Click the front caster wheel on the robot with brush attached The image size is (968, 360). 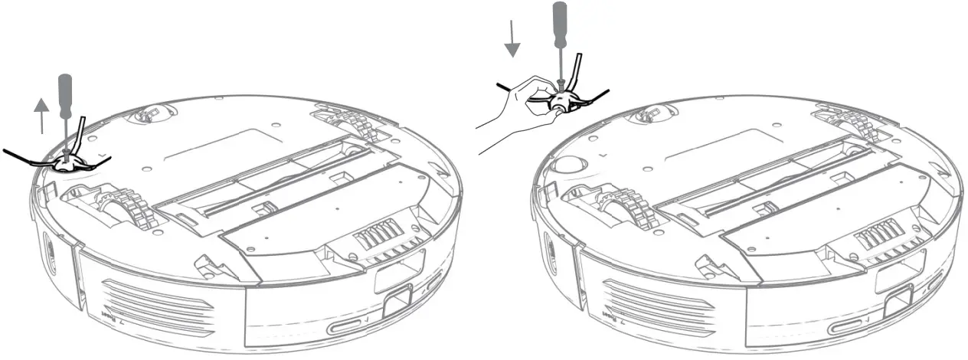(146, 116)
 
